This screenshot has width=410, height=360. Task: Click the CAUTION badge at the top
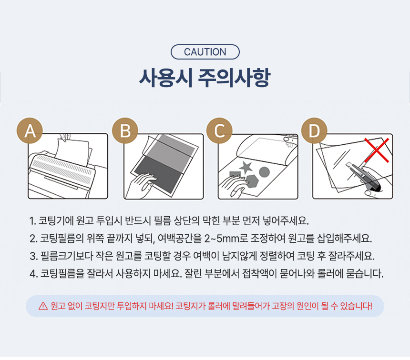tap(205, 52)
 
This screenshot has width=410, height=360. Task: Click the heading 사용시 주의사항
tap(205, 78)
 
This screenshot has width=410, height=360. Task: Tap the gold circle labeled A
tap(30, 130)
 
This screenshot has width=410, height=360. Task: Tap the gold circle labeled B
tap(125, 130)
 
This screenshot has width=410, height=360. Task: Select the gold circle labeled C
tap(219, 130)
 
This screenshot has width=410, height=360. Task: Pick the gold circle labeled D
tap(314, 130)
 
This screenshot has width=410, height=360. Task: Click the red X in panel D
tap(377, 150)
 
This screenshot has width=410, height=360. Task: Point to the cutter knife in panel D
tap(364, 177)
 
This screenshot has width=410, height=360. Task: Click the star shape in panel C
tap(246, 168)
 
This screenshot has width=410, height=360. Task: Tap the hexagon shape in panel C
tap(252, 181)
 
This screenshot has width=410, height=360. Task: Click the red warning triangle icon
tap(43, 306)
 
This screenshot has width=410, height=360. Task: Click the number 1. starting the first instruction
tap(33, 221)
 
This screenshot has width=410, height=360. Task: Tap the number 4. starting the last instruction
tap(33, 274)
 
